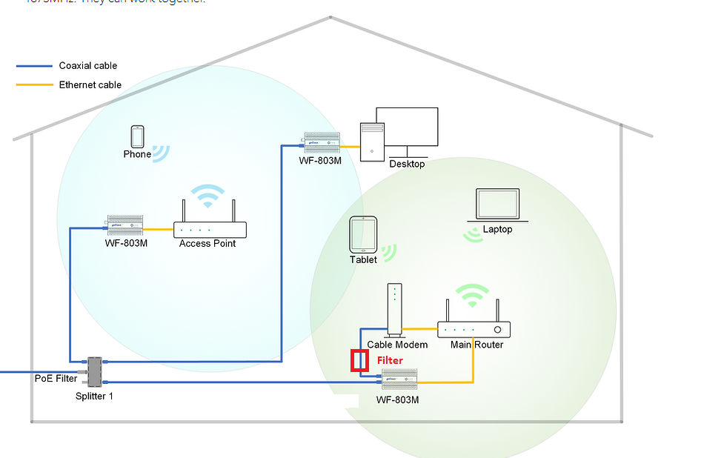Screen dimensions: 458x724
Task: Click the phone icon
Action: [137, 136]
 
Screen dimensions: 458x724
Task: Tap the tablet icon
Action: [363, 234]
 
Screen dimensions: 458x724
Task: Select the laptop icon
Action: [497, 205]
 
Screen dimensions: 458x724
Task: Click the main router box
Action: [474, 330]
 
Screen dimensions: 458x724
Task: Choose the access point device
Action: [210, 229]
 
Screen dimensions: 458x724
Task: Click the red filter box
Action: [359, 361]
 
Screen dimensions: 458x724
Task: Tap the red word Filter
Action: [391, 360]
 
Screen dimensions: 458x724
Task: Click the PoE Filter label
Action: [56, 378]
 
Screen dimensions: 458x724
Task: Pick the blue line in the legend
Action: [34, 66]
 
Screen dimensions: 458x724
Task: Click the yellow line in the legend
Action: [34, 85]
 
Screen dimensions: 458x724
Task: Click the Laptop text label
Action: [497, 230]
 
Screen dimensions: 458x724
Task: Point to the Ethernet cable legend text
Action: [90, 85]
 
